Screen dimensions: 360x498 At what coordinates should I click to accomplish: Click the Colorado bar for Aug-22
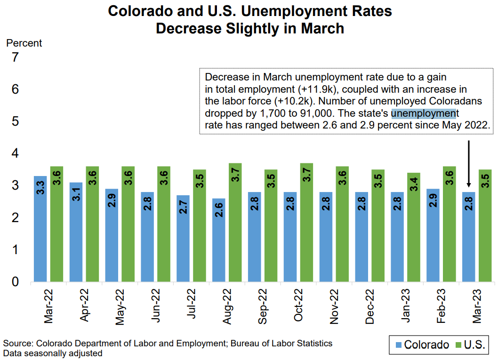coord(219,240)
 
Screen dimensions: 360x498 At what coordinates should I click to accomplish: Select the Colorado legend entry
coord(422,345)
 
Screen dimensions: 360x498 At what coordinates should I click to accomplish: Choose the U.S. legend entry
coord(470,345)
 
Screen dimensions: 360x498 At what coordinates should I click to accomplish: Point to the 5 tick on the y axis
coord(15,121)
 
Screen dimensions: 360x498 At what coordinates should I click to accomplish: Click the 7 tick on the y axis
coord(15,57)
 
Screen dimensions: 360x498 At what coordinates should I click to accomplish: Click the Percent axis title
coord(24,43)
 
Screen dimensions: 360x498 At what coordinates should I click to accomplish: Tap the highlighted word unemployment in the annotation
coord(424,113)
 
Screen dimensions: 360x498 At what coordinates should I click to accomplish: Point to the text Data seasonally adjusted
coord(53,353)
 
